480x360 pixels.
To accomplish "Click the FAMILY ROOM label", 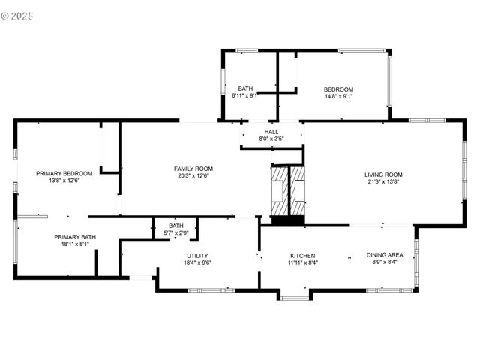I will click(193, 169).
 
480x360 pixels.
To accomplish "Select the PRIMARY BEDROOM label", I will click(64, 173).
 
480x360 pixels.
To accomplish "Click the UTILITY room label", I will click(198, 256).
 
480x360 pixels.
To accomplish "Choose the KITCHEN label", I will click(302, 255).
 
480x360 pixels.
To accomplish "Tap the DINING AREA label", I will click(385, 255).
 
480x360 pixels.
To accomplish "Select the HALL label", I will click(271, 132).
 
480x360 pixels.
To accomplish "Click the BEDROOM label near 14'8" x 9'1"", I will click(338, 88).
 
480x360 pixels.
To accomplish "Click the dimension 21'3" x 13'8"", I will click(384, 181).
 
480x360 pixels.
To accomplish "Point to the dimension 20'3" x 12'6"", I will click(193, 176).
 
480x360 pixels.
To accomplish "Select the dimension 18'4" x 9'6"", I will click(198, 262).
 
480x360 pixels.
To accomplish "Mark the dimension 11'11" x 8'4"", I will click(302, 262).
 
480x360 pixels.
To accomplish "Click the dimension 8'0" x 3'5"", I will click(271, 139).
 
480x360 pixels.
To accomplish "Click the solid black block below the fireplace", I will click(289, 220).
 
